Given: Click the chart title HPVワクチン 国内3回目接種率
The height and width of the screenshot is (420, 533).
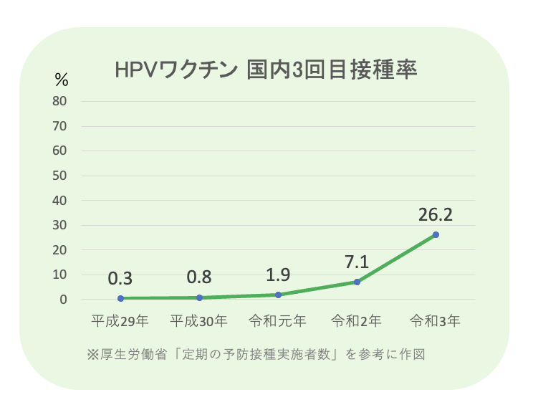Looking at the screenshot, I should [266, 70].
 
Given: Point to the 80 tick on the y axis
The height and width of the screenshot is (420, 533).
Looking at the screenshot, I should [60, 101].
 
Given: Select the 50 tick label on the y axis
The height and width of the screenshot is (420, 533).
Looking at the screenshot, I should [60, 176].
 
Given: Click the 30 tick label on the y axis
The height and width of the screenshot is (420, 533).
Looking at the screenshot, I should [60, 225].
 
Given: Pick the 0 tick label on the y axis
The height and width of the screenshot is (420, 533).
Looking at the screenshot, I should [64, 300].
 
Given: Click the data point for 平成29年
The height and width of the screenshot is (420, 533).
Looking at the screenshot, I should [120, 298].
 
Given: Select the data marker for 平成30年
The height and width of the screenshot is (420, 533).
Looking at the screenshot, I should [199, 297].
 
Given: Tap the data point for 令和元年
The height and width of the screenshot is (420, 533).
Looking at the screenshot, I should [278, 295].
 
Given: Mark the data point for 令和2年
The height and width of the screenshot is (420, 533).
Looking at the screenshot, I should [357, 282].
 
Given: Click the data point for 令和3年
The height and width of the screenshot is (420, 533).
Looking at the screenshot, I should [436, 234].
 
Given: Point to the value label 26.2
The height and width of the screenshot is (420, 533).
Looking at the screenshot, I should [436, 214].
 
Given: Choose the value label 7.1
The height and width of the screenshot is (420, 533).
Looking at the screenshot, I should [357, 262].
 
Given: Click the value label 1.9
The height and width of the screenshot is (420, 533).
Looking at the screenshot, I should [278, 275].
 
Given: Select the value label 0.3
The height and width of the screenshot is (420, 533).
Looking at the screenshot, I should [120, 279].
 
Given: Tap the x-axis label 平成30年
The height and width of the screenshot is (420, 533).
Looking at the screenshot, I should [199, 320].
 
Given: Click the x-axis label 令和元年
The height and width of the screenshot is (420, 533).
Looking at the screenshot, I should [278, 320].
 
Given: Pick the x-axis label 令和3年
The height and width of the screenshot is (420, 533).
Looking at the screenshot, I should [436, 320].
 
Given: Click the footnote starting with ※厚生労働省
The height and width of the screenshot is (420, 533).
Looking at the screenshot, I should [256, 354].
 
